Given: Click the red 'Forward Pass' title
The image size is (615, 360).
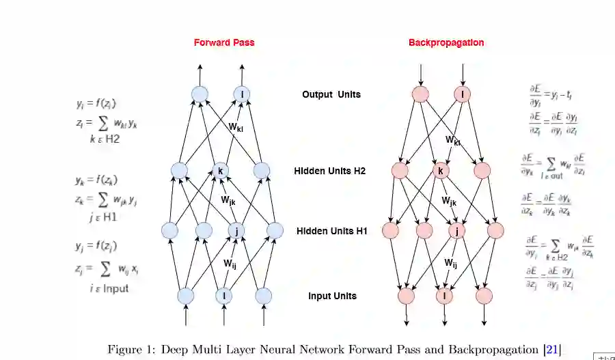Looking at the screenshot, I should tap(223, 42).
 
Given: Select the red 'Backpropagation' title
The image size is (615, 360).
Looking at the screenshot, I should tap(446, 42).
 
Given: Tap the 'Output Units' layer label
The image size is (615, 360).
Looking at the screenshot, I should tap(331, 94).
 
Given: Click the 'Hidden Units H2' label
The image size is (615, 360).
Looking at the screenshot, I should tap(331, 171).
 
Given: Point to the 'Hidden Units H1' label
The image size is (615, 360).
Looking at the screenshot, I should tap(331, 231).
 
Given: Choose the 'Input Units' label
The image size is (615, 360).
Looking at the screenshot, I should tap(331, 296).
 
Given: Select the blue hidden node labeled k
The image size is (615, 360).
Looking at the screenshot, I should tap(220, 170).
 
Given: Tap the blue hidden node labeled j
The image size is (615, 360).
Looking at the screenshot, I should tap(236, 231).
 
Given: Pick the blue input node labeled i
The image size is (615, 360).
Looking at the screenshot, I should tap(224, 296).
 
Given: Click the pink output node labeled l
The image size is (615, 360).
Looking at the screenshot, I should tap(463, 94).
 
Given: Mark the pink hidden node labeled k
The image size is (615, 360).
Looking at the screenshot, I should tap(441, 170).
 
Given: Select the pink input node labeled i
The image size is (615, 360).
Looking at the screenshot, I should tap(445, 296).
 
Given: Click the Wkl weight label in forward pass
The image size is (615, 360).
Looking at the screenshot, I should tap(236, 126).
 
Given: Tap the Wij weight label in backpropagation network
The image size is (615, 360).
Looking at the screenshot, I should tap(451, 263).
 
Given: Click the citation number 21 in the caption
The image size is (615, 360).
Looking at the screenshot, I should tap(553, 350).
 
